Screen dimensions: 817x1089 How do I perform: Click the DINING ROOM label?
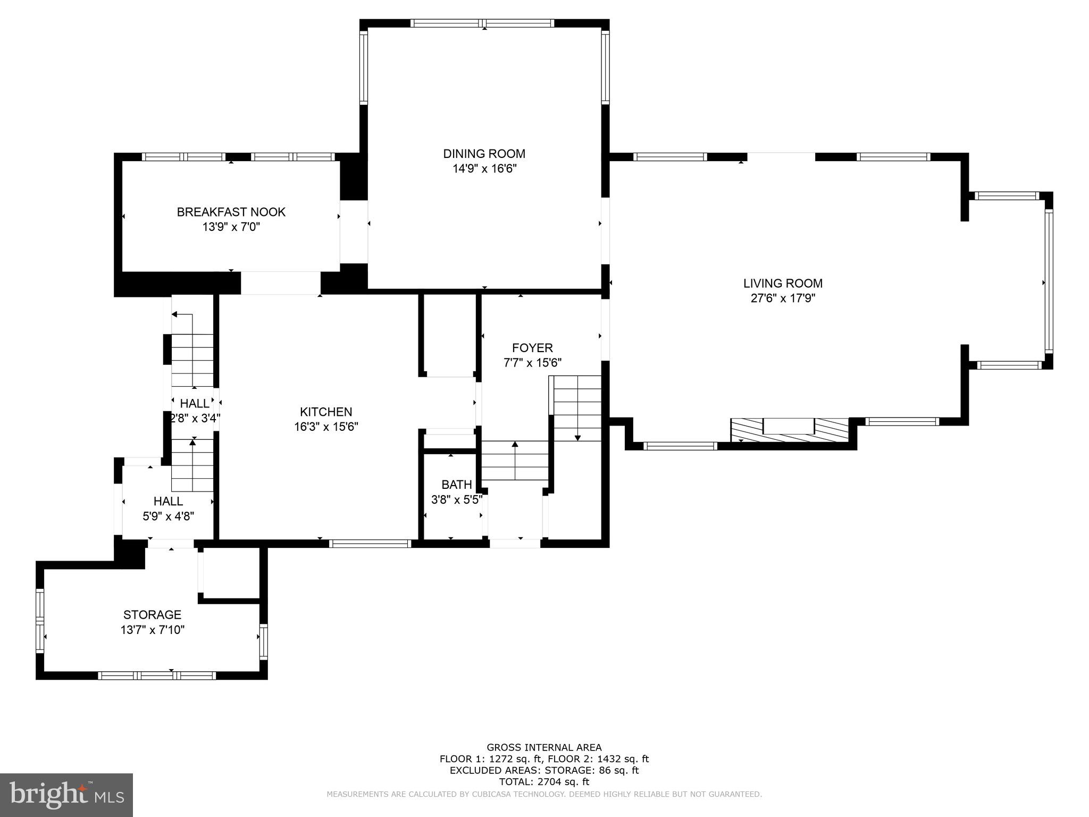484,154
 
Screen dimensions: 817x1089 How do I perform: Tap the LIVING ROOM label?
783,284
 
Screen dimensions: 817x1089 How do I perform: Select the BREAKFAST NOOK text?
231,212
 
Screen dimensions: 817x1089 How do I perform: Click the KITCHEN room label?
326,412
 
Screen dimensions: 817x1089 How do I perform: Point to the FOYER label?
532,348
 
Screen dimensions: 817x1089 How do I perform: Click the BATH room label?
456,485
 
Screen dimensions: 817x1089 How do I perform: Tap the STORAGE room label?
152,615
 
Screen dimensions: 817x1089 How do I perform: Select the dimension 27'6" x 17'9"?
783,298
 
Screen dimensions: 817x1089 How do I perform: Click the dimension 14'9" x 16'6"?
484,169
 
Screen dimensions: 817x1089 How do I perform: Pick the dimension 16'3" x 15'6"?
326,427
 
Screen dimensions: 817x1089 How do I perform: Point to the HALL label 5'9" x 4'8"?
168,501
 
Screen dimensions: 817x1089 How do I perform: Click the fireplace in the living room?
789,429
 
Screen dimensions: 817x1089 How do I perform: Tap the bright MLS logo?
66,795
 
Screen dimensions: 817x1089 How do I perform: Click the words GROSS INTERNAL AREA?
544,747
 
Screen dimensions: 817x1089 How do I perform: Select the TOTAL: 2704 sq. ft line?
544,781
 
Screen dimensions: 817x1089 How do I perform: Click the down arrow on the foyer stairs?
577,437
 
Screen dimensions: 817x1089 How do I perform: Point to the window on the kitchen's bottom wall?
370,544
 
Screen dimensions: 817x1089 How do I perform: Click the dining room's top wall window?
483,23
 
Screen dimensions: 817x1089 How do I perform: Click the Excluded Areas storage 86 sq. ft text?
544,770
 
